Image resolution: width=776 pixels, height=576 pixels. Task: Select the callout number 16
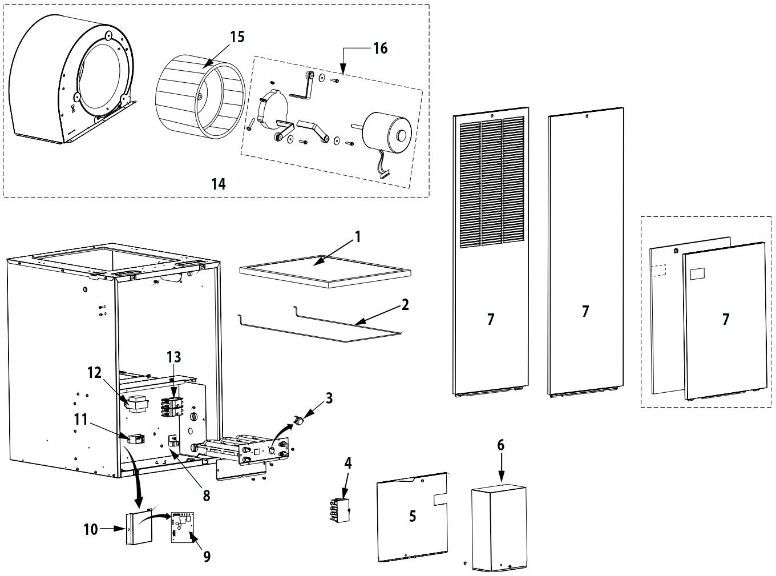pyautogui.click(x=380, y=49)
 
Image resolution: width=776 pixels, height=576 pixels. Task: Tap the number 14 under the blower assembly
pyautogui.click(x=218, y=184)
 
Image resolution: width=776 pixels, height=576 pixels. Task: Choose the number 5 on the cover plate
pyautogui.click(x=412, y=516)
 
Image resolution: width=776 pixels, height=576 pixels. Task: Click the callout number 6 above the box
pyautogui.click(x=500, y=445)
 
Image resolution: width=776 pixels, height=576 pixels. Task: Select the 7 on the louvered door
pyautogui.click(x=491, y=319)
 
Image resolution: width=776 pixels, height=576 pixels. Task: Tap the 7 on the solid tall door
pyautogui.click(x=585, y=311)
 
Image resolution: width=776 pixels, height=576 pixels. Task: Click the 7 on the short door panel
pyautogui.click(x=725, y=319)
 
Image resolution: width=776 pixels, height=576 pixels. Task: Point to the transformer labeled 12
pyautogui.click(x=137, y=404)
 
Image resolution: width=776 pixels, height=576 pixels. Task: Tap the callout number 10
pyautogui.click(x=91, y=529)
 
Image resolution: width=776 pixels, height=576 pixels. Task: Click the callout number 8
pyautogui.click(x=207, y=496)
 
